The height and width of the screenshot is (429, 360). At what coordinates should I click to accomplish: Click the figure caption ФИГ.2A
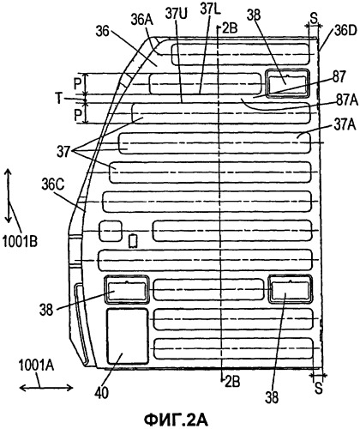176,420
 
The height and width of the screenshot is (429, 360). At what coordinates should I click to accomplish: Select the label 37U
177,14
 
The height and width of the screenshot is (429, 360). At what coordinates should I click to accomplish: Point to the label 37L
210,9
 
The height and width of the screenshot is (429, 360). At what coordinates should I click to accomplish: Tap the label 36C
52,184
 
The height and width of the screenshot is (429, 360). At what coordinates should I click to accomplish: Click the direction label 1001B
20,241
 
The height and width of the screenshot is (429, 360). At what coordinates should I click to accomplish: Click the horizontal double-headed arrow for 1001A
46,388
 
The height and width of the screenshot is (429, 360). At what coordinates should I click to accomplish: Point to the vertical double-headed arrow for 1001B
9,196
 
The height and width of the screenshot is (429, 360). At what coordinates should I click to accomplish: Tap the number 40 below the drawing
102,393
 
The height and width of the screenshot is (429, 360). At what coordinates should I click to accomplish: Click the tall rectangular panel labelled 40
128,336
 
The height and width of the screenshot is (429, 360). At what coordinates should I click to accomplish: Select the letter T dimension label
59,99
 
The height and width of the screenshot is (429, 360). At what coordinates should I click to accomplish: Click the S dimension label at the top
314,19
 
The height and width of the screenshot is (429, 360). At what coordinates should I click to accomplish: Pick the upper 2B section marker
228,28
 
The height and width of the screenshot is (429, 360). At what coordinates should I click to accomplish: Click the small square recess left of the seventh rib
111,231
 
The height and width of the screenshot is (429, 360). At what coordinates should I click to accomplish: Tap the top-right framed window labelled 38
287,83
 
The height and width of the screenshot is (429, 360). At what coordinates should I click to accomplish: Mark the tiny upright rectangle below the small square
134,241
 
